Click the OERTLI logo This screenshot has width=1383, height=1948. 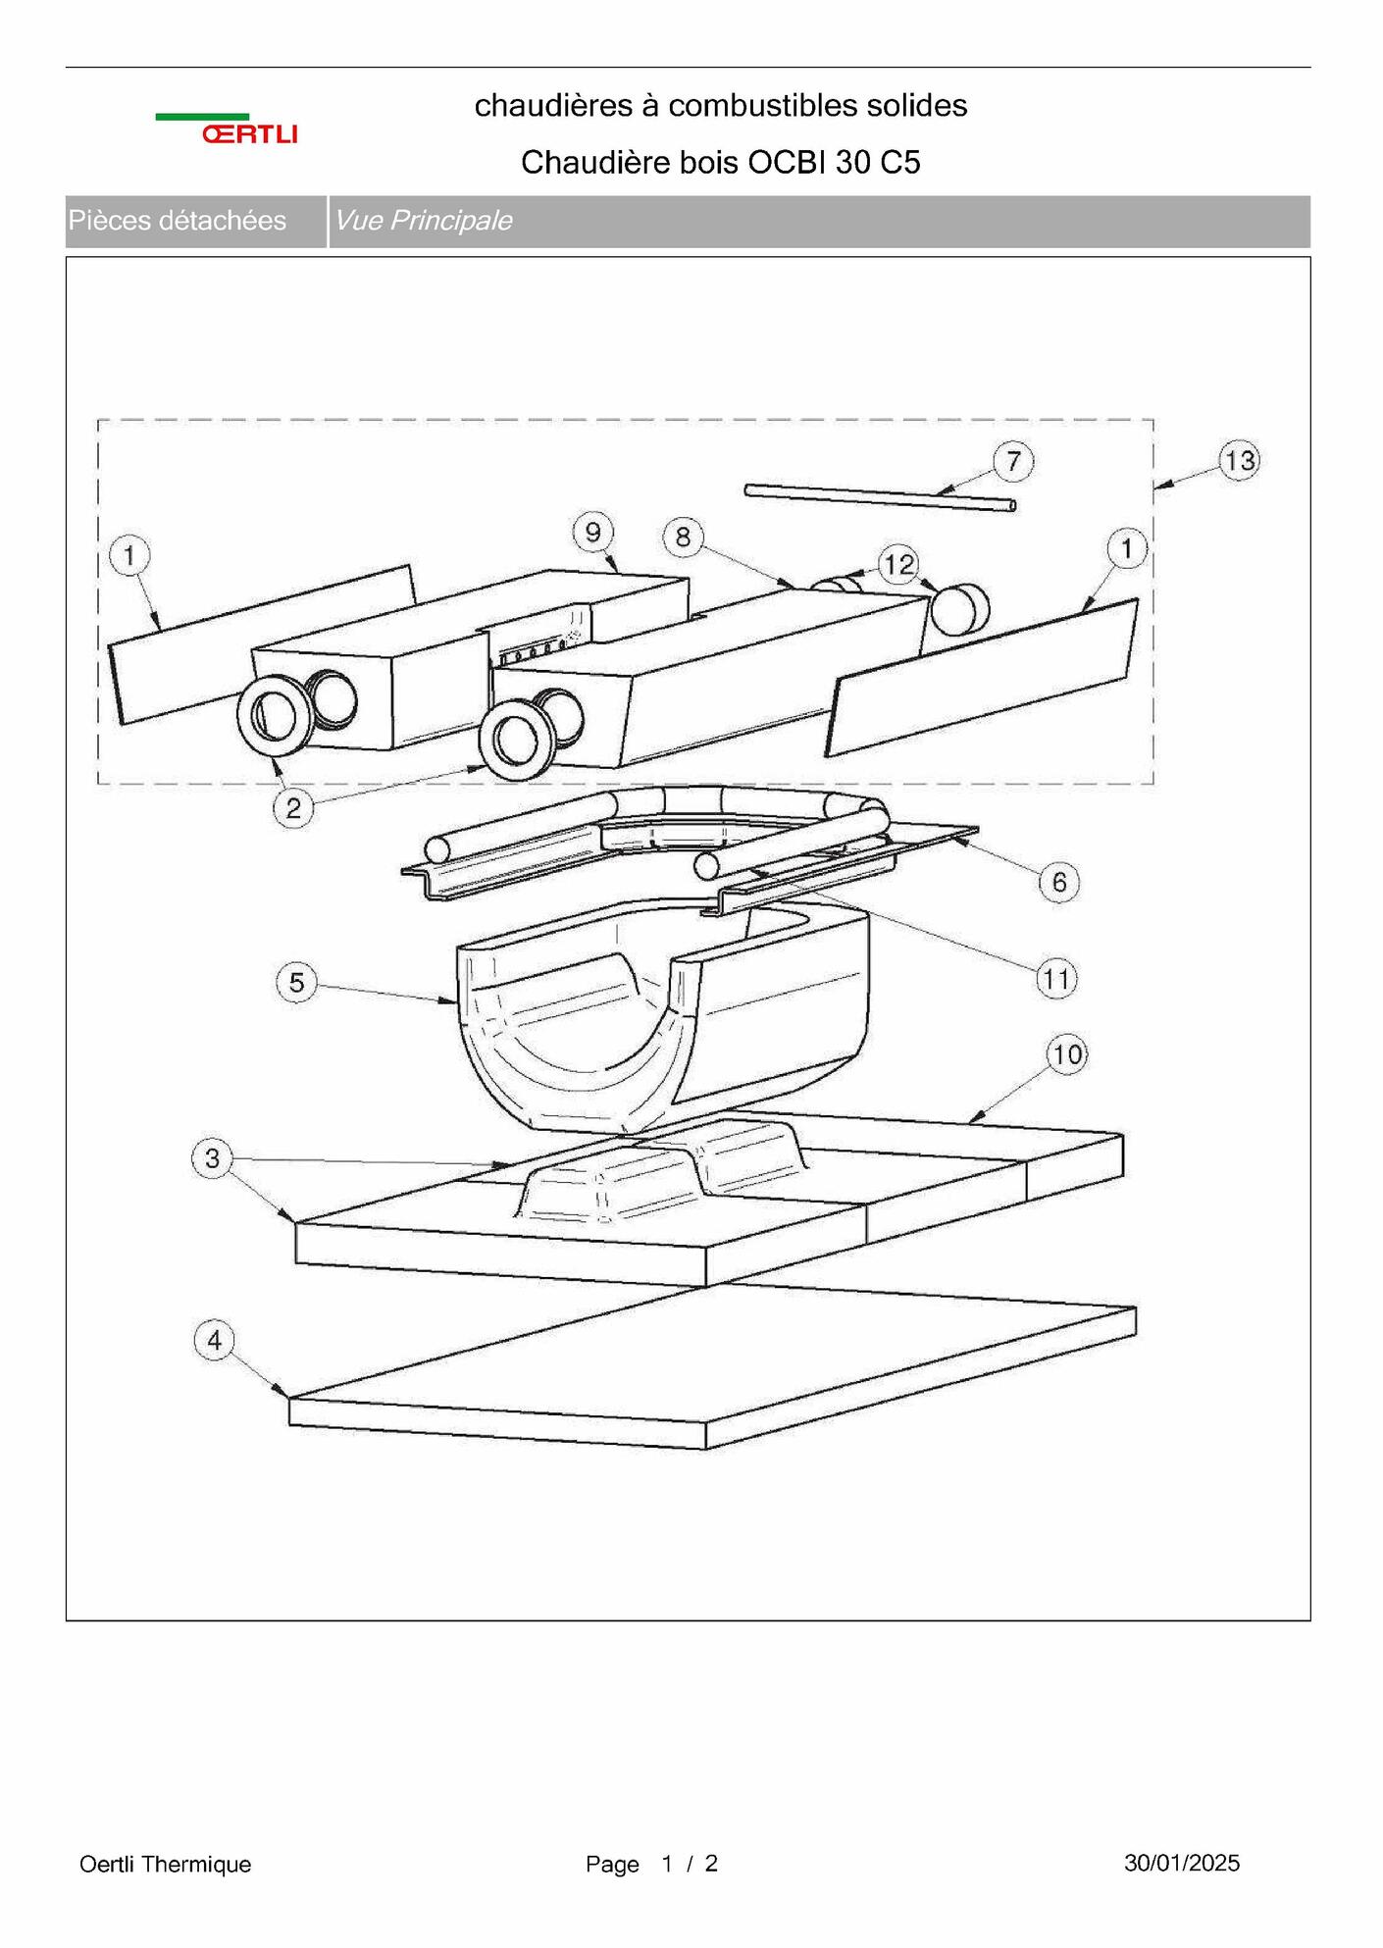227,128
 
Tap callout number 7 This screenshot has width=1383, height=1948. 1013,461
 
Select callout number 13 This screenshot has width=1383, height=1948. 1240,460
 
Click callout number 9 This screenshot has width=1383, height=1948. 592,533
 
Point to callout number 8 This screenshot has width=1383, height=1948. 683,537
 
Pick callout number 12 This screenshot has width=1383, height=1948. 898,564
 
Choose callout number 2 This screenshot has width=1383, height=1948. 293,808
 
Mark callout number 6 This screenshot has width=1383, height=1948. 1058,882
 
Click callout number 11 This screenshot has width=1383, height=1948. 1056,978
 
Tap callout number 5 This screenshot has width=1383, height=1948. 297,982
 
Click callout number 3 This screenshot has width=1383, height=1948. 212,1158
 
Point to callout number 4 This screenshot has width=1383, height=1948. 215,1340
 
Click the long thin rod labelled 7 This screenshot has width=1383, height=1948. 880,497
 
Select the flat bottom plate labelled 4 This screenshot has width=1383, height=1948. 713,1369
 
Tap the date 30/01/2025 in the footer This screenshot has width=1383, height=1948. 1182,1863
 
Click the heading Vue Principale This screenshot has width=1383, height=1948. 423,220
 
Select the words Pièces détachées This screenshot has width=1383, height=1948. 178,220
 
